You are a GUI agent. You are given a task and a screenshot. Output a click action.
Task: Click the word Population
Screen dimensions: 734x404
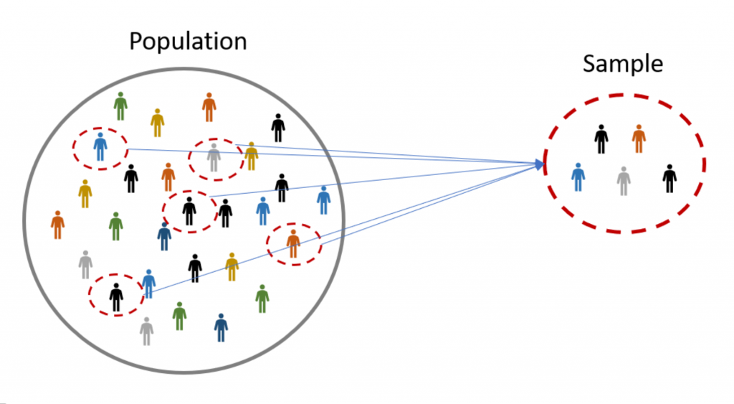click(188, 42)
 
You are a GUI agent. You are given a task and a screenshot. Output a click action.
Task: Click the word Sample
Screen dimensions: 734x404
click(623, 64)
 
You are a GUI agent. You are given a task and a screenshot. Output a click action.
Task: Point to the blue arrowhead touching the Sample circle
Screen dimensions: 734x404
click(540, 164)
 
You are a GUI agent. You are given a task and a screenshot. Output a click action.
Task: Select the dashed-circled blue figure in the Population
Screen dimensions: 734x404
click(100, 146)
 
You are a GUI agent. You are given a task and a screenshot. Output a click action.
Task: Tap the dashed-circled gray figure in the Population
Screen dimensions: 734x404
click(214, 157)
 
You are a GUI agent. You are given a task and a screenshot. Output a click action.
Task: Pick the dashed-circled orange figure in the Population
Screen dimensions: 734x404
click(293, 244)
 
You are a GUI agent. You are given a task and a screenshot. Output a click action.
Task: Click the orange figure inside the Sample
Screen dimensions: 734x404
click(639, 138)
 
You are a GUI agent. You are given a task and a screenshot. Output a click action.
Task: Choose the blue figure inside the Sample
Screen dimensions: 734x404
click(578, 177)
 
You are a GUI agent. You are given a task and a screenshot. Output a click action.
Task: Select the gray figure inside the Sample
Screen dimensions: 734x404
click(624, 181)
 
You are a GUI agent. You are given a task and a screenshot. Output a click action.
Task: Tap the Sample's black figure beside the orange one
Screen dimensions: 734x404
click(601, 139)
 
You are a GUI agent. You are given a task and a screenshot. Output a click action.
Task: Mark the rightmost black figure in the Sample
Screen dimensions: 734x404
click(669, 179)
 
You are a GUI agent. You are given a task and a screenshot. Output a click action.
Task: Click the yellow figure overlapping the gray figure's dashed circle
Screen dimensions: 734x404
click(252, 156)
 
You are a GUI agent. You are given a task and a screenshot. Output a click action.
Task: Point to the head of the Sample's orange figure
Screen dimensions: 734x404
click(639, 127)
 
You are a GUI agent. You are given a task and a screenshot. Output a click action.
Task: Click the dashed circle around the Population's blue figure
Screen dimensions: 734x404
click(73, 149)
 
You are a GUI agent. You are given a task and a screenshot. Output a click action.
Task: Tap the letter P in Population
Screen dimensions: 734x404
click(136, 41)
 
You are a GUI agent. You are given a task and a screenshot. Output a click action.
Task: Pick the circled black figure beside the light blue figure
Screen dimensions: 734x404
click(116, 298)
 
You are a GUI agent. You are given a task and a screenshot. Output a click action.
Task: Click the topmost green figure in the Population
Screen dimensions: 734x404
click(120, 106)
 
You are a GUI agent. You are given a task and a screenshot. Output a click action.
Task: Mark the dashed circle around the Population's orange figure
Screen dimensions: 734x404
click(267, 244)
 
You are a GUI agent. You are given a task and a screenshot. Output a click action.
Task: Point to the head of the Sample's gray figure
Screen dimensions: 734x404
click(624, 169)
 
